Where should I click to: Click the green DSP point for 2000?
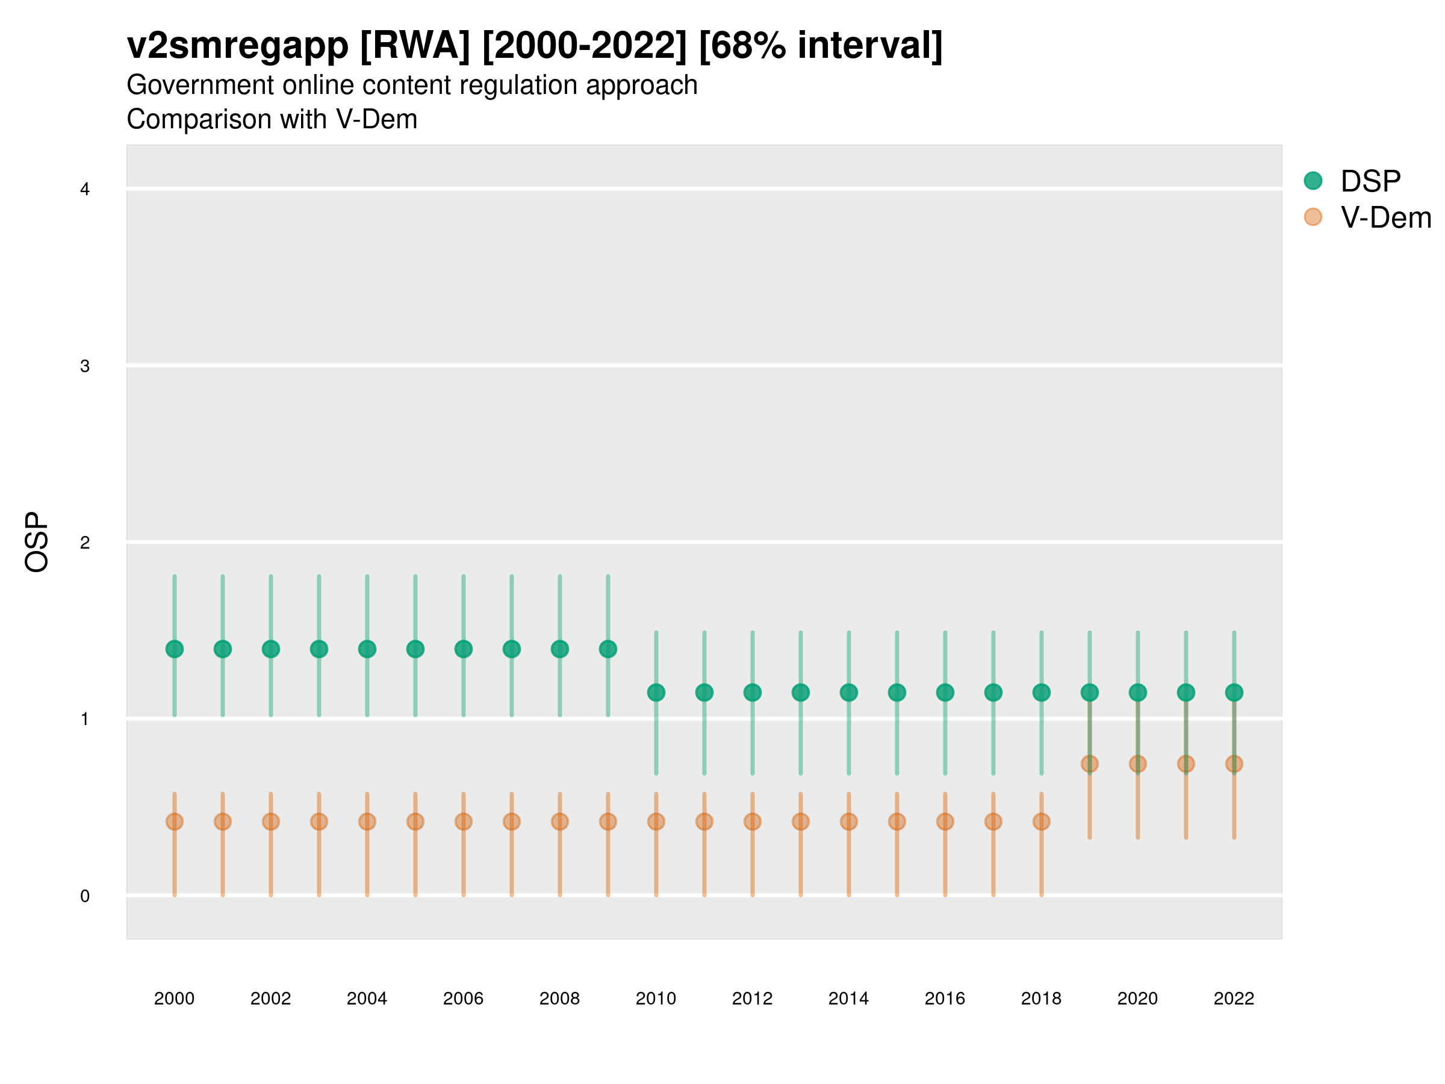pyautogui.click(x=175, y=649)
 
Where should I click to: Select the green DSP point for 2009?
pyautogui.click(x=608, y=649)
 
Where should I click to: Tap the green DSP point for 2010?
pyautogui.click(x=656, y=692)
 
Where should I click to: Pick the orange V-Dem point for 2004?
pyautogui.click(x=367, y=821)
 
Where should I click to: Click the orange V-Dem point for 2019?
pyautogui.click(x=1090, y=763)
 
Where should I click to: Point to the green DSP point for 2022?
pyautogui.click(x=1234, y=692)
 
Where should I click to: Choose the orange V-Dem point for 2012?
pyautogui.click(x=753, y=821)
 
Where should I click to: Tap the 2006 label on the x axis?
pyautogui.click(x=463, y=998)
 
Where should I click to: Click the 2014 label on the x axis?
pyautogui.click(x=848, y=998)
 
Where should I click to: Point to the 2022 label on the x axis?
pyautogui.click(x=1234, y=998)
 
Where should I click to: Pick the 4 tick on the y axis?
pyautogui.click(x=85, y=190)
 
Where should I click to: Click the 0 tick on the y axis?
pyautogui.click(x=85, y=896)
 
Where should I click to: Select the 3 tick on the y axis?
pyautogui.click(x=85, y=366)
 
